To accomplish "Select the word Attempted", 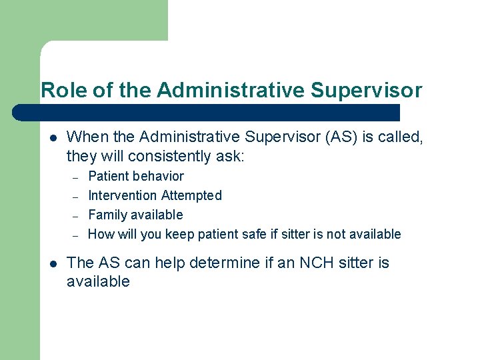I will pos(191,196).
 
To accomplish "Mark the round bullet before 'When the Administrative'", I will pos(53,138).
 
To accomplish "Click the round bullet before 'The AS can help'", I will pos(53,263).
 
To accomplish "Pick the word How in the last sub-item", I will pos(101,234).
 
